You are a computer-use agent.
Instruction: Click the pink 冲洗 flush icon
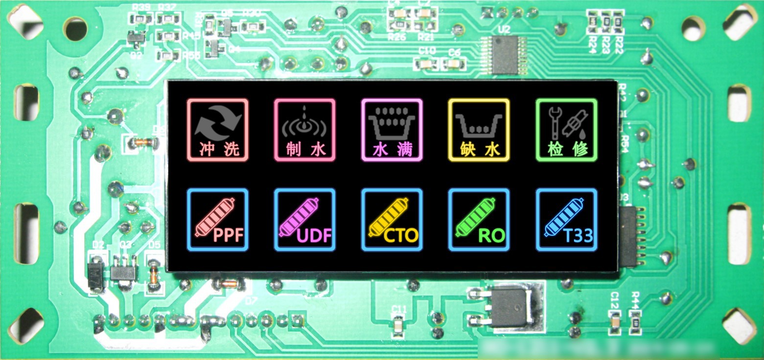(x=218, y=130)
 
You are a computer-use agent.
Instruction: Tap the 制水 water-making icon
(x=304, y=130)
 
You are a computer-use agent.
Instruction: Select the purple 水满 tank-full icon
(x=392, y=130)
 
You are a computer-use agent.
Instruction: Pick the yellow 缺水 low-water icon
(x=479, y=130)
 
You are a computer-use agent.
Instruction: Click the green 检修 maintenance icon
(x=566, y=130)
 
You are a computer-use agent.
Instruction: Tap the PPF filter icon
(x=218, y=220)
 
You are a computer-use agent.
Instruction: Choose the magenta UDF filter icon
(x=304, y=220)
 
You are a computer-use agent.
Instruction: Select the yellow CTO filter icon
(x=392, y=220)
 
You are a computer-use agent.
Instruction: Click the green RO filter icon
(x=479, y=220)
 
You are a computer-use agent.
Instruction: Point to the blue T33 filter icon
(x=566, y=220)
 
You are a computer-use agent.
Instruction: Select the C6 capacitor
(x=454, y=63)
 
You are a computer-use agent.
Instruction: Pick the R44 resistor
(x=635, y=323)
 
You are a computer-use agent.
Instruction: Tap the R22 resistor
(x=619, y=22)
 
